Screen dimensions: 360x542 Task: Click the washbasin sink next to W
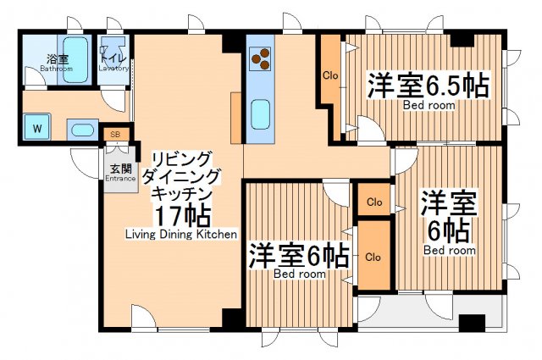point(81,130)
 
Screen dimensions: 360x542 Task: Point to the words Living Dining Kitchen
point(181,234)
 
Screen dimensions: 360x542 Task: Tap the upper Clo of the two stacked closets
point(373,203)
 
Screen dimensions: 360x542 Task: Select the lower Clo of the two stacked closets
point(373,255)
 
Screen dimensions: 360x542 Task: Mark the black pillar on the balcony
point(471,323)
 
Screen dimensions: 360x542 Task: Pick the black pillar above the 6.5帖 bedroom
point(462,40)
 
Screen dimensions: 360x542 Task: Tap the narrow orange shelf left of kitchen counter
point(235,116)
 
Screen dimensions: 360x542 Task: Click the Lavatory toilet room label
point(113,64)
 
